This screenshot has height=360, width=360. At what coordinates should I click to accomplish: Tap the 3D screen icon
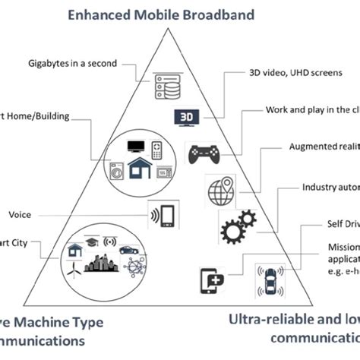click(x=187, y=117)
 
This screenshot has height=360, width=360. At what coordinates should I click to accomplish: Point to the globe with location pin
click(x=219, y=190)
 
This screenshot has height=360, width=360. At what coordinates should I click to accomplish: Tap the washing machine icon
click(x=116, y=170)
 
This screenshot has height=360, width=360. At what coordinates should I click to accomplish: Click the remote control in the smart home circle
click(x=157, y=149)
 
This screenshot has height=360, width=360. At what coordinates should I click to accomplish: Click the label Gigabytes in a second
click(x=72, y=62)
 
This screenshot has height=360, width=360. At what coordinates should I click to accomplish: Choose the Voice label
click(x=20, y=215)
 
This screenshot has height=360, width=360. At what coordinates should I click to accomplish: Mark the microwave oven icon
click(x=163, y=172)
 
